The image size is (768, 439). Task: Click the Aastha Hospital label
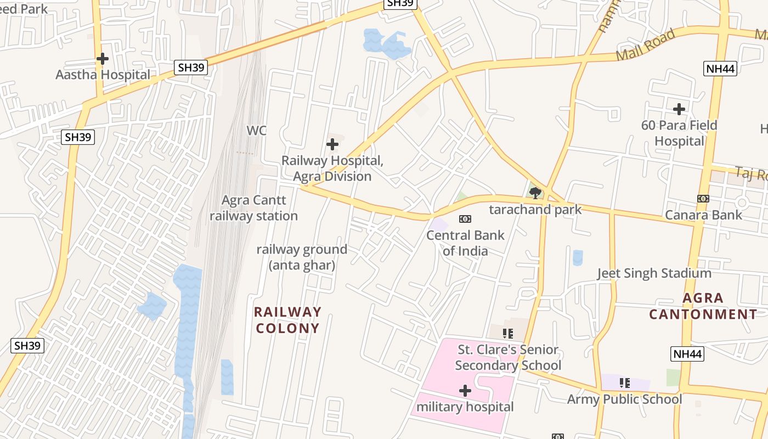coord(103,75)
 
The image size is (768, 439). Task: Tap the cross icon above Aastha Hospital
coord(103,58)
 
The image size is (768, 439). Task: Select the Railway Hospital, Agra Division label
coord(332,168)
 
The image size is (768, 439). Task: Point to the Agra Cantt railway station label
coord(253,208)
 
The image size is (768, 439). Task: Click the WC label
coord(256,131)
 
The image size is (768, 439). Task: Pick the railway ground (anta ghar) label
coord(302,257)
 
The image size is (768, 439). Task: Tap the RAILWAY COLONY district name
coord(288,320)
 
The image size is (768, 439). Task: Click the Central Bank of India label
coord(465,243)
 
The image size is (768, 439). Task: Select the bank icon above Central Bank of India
coord(465,219)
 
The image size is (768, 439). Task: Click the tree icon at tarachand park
coord(535,193)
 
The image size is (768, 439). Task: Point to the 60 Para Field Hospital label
coord(679,133)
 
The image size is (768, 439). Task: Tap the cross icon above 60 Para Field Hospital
coord(679,109)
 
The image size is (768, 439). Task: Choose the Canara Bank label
coord(703,215)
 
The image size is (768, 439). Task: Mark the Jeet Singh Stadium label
coord(654,273)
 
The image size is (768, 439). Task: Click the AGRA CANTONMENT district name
coord(703,306)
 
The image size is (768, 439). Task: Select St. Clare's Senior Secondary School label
coord(508,357)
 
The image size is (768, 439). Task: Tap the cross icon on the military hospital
coord(465,391)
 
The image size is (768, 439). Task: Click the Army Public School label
coord(624,399)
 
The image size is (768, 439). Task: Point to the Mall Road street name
coord(645,46)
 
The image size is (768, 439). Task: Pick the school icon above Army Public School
coord(624,382)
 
